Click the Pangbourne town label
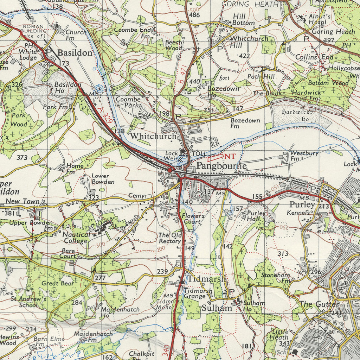(x=221, y=166)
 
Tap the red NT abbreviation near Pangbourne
(x=230, y=156)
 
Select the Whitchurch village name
(x=153, y=136)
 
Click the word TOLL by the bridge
(x=199, y=154)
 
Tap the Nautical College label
(x=76, y=238)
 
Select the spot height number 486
(x=194, y=15)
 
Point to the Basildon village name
(x=75, y=53)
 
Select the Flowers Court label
(x=193, y=219)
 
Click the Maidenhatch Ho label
(x=120, y=312)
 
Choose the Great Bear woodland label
(x=58, y=283)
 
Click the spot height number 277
(x=100, y=278)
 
